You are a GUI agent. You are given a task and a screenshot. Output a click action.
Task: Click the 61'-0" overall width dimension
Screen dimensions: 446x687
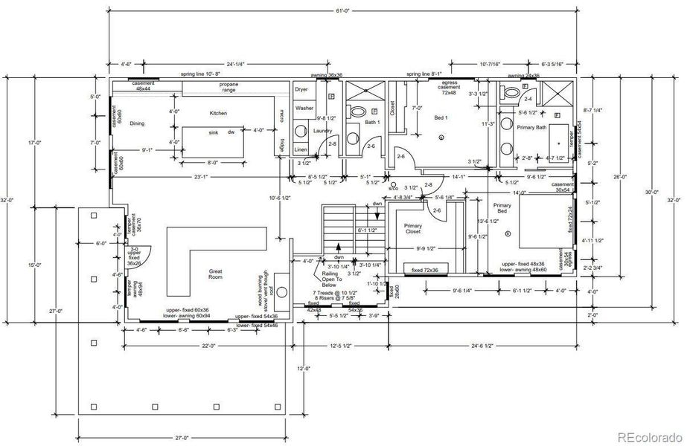pyautogui.click(x=342, y=10)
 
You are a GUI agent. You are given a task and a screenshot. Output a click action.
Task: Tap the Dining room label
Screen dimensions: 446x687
pyautogui.click(x=137, y=123)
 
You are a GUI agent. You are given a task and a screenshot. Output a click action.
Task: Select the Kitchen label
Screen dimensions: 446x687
pyautogui.click(x=217, y=114)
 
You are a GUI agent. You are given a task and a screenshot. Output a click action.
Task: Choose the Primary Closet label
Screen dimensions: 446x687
pyautogui.click(x=412, y=229)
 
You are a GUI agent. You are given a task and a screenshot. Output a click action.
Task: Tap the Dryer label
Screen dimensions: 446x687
pyautogui.click(x=301, y=89)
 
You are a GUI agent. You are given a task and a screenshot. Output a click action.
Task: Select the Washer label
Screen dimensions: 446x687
pyautogui.click(x=304, y=108)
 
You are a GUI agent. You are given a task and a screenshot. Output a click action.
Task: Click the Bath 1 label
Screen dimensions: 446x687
pyautogui.click(x=373, y=122)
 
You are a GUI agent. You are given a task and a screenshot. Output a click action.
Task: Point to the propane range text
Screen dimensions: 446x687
pyautogui.click(x=229, y=88)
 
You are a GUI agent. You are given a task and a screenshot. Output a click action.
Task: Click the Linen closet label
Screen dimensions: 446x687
pyautogui.click(x=300, y=150)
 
